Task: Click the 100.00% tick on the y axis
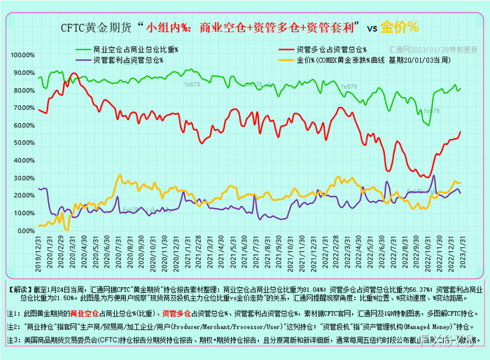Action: click(22, 55)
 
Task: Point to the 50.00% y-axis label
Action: click(24, 142)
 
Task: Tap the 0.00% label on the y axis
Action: click(25, 230)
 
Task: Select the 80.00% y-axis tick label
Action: click(24, 90)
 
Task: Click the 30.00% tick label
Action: click(24, 177)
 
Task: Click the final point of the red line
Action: click(461, 132)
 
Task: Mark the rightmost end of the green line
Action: click(461, 88)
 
